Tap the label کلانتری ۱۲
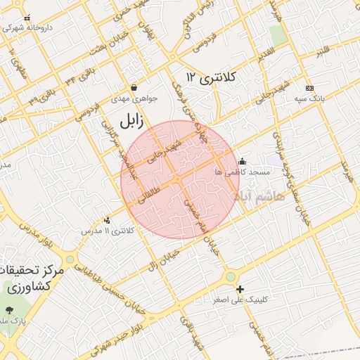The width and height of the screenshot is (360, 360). [x=212, y=76]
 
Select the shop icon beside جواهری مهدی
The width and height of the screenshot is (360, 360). [x=134, y=88]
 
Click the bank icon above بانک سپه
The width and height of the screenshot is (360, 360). [x=309, y=89]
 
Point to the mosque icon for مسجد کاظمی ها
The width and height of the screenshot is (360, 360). [x=243, y=160]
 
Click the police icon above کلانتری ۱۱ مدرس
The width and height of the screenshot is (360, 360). [x=107, y=220]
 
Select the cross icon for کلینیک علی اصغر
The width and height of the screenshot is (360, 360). [x=240, y=289]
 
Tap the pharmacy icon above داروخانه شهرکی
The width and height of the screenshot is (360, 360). [x=27, y=18]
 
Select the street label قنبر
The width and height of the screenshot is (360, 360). [x=323, y=51]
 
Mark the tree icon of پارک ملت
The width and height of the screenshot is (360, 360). [x=8, y=310]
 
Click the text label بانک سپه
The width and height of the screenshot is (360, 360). [x=310, y=100]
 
